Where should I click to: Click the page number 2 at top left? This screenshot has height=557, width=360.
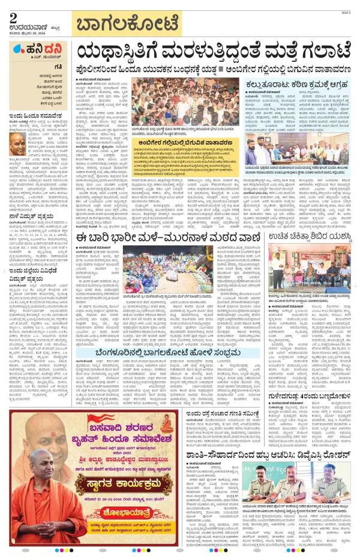(x=13, y=17)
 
